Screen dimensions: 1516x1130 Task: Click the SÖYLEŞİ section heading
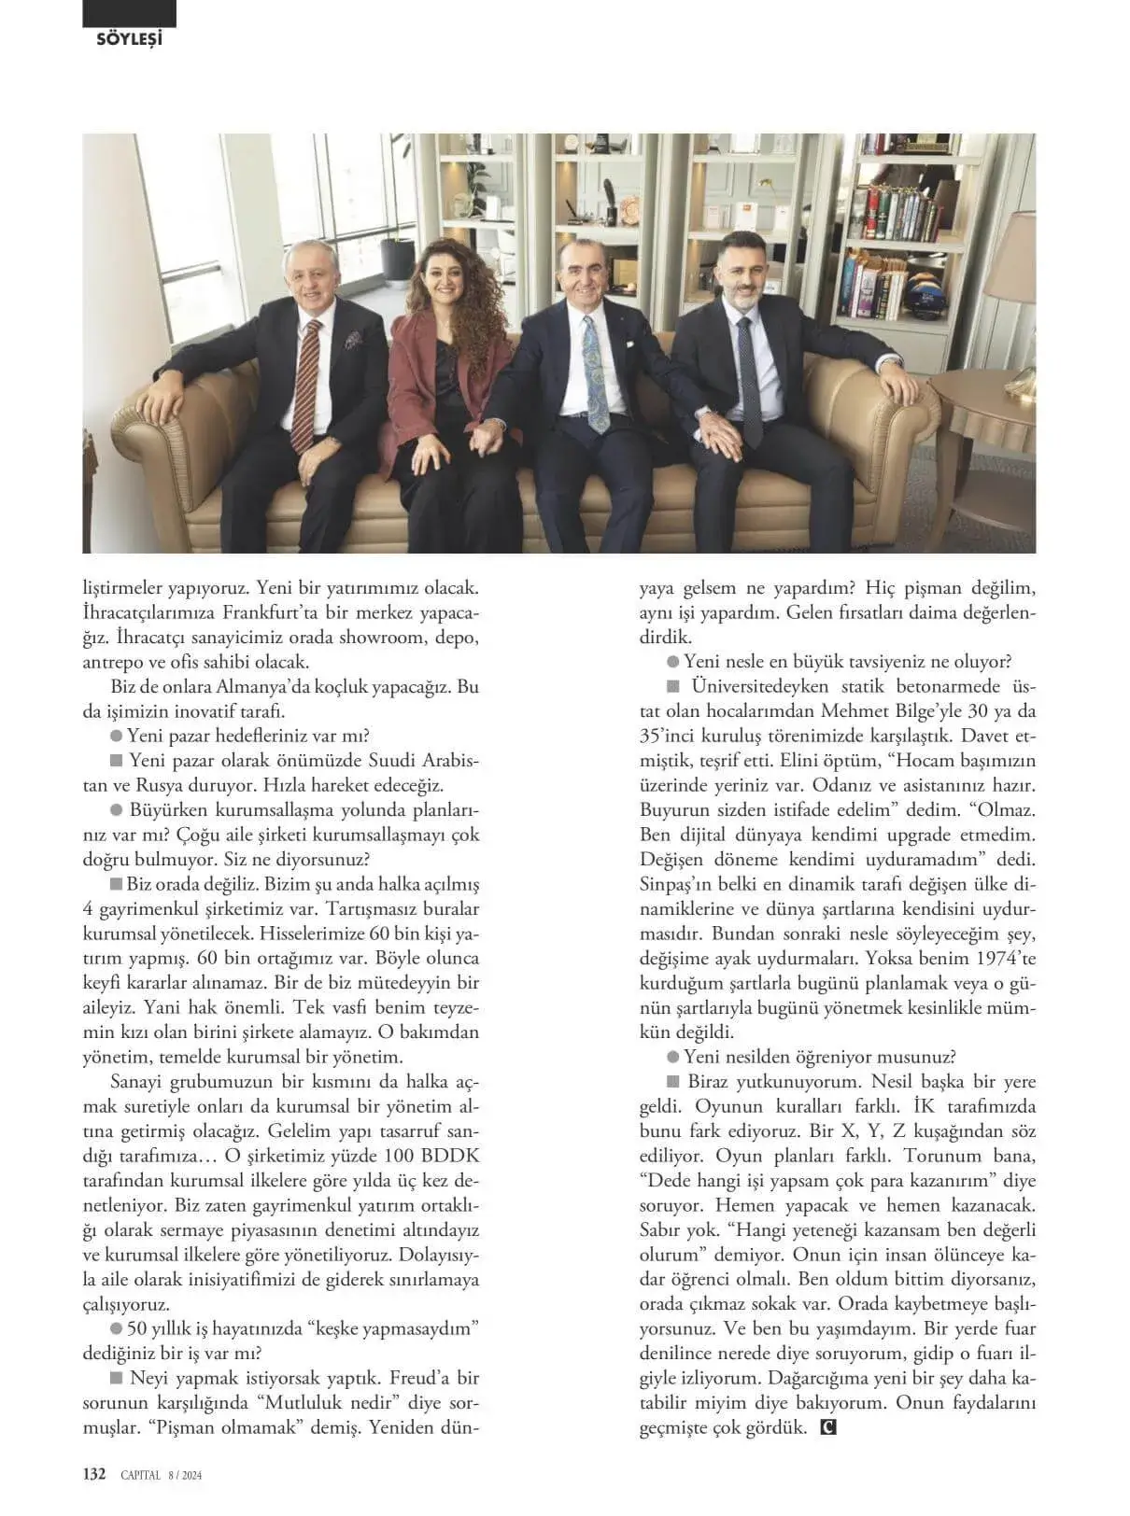tap(129, 38)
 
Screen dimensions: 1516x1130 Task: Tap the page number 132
tap(94, 1474)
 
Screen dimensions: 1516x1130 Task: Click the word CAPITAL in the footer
tap(140, 1475)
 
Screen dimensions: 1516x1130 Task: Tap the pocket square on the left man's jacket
tap(353, 339)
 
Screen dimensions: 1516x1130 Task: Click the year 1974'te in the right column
tap(1005, 959)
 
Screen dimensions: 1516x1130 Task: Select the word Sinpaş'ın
tap(684, 884)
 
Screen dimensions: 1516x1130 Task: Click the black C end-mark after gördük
tap(826, 1427)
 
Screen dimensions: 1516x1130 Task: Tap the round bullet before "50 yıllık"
tap(117, 1328)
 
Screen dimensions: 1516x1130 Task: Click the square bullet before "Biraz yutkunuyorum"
tap(672, 1082)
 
